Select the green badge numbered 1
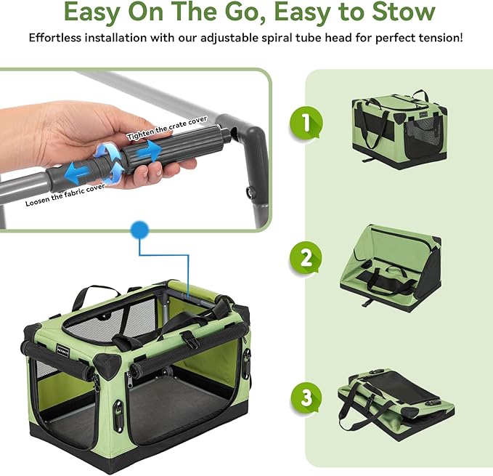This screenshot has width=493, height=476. click(306, 123)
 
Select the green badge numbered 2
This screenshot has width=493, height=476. click(306, 258)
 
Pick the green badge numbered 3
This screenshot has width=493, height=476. click(306, 398)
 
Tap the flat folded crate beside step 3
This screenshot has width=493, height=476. click(396, 400)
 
